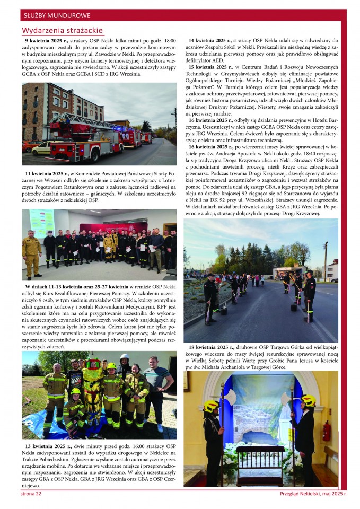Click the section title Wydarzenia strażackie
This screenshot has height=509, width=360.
pos(62,30)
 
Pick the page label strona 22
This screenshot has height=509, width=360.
pos(31,494)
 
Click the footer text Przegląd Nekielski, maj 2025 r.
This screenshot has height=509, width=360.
pos(313,494)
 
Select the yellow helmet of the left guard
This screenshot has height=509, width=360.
pos(212,406)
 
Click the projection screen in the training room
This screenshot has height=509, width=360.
pos(42,222)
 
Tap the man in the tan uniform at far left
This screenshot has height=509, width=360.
pos(32,252)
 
